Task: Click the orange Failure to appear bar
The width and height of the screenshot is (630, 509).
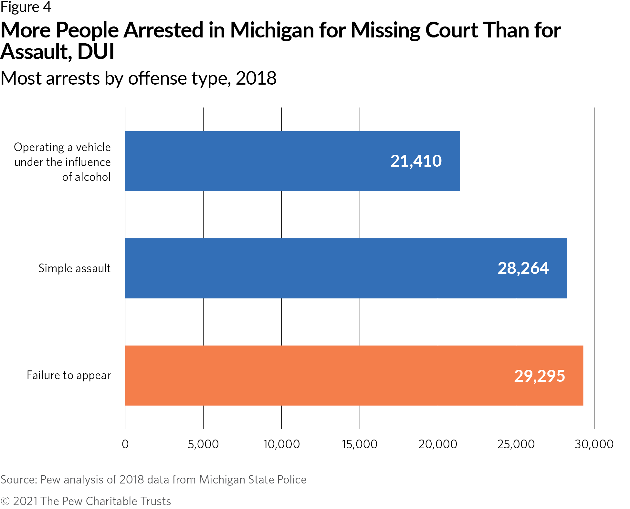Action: (323, 375)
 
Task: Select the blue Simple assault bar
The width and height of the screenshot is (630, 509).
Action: (323, 268)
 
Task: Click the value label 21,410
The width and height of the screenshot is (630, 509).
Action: (416, 161)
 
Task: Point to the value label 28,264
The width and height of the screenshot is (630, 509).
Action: (523, 268)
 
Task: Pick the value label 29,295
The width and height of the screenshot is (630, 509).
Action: (539, 376)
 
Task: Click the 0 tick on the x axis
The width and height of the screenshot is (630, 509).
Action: (125, 444)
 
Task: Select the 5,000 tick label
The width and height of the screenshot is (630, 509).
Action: (203, 444)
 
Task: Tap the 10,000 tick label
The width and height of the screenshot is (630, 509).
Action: (281, 444)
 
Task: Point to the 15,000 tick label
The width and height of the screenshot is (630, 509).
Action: (360, 444)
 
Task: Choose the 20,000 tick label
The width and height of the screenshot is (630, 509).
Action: (438, 444)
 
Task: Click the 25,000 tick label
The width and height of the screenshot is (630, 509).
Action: (516, 444)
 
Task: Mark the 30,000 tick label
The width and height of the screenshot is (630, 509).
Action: (594, 444)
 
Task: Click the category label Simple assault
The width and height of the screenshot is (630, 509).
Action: (75, 268)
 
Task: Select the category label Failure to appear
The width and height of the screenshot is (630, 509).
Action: (68, 375)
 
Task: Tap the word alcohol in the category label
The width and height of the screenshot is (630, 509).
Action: (93, 177)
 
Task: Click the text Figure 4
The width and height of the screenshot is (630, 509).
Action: (26, 7)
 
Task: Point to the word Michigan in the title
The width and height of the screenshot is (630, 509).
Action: (272, 30)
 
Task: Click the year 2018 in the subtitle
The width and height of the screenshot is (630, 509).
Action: (256, 78)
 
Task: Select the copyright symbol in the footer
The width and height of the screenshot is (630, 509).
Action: (5, 501)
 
